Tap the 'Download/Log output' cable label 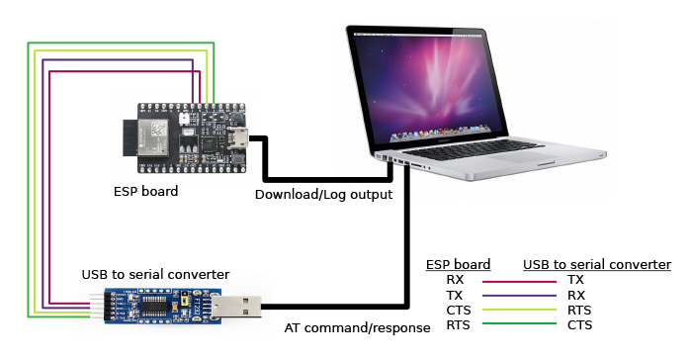click(x=323, y=194)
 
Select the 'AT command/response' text click(x=357, y=327)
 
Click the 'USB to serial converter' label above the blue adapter click(x=155, y=273)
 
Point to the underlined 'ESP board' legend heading click(x=459, y=265)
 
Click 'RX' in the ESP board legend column click(x=455, y=281)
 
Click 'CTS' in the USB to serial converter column click(x=579, y=325)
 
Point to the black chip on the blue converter click(x=155, y=307)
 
